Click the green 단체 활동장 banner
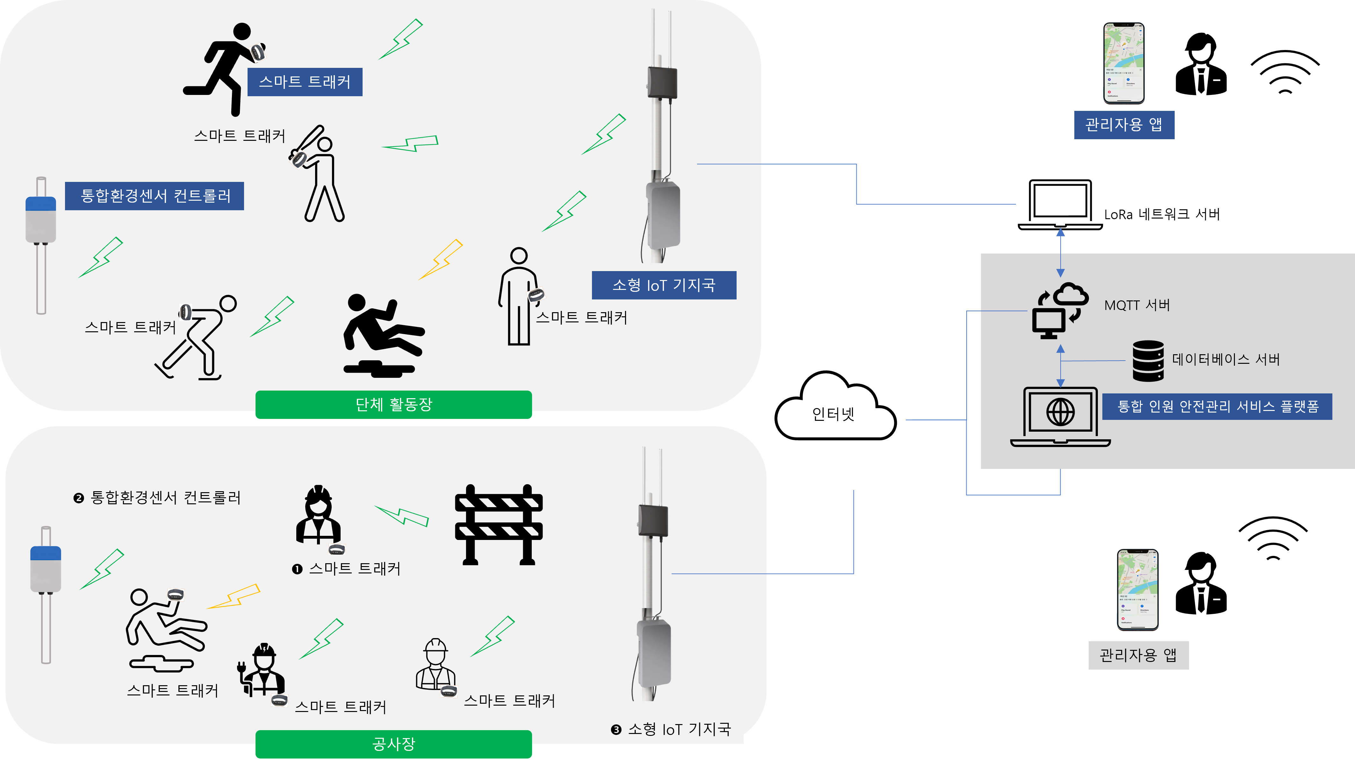393,404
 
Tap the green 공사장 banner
393,744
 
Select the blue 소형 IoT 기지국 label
664,285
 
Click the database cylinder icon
1148,361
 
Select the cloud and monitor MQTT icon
1059,310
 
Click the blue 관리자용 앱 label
1124,125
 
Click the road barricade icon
498,524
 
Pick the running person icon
224,68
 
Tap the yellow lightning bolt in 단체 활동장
441,259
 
